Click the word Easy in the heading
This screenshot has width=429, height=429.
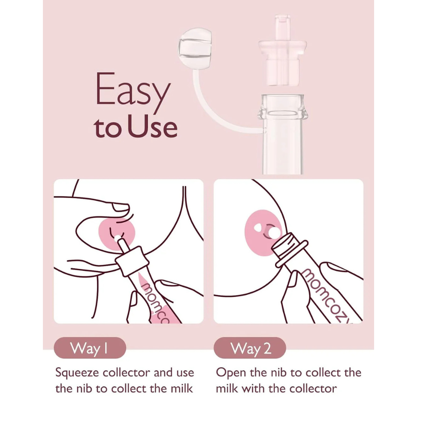pyautogui.click(x=133, y=92)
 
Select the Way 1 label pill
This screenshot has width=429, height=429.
pyautogui.click(x=90, y=348)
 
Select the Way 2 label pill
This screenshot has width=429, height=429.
pyautogui.click(x=250, y=348)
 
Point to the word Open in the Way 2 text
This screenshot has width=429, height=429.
pyautogui.click(x=231, y=373)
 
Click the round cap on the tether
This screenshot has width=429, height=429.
pyautogui.click(x=195, y=48)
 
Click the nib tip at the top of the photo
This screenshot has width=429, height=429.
pyautogui.click(x=282, y=27)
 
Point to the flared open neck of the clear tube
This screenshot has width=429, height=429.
pyautogui.click(x=283, y=108)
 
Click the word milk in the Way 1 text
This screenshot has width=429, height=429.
pyautogui.click(x=181, y=389)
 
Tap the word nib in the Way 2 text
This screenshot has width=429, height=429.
pyautogui.click(x=279, y=373)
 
